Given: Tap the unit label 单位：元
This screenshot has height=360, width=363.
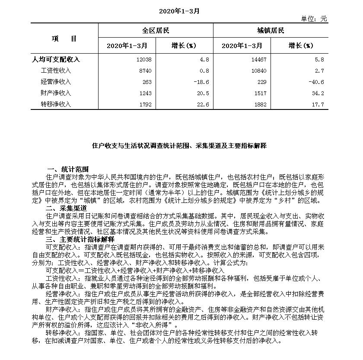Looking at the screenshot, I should [x=314, y=19].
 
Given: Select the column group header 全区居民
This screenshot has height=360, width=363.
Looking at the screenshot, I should [x=156, y=31].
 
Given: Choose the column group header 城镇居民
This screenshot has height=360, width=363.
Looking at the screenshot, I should [x=271, y=31].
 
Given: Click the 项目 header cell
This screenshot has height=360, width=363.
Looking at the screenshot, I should [x=64, y=38].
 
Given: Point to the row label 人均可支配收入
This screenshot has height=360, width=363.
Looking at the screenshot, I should [x=57, y=59].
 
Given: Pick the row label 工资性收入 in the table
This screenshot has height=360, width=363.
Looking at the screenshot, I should [x=56, y=71].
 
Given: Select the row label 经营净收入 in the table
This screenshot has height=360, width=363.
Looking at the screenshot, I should [x=56, y=82].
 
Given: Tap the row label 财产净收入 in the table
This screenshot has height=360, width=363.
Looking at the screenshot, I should [x=56, y=93].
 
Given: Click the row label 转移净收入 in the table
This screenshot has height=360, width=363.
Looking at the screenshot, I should [x=56, y=104].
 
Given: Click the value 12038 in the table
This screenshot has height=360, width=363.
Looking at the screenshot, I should [x=143, y=59].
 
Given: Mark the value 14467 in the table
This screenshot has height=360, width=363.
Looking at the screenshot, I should [x=258, y=59].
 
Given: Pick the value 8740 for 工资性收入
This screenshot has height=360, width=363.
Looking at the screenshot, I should [x=145, y=71].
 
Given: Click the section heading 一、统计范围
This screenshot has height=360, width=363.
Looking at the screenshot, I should [x=68, y=169].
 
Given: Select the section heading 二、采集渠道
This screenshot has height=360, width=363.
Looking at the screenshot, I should [x=68, y=208].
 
